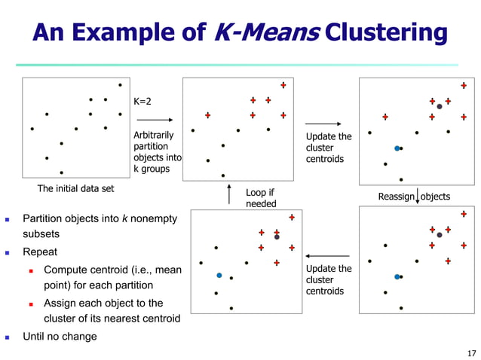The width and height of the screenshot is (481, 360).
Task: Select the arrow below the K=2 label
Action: coord(155,119)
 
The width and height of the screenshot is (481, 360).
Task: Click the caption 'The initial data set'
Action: coord(77,188)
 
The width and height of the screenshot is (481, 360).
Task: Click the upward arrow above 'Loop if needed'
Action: coord(229,195)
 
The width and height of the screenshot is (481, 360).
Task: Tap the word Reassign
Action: coord(397,197)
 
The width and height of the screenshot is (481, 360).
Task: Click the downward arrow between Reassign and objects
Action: coord(417,197)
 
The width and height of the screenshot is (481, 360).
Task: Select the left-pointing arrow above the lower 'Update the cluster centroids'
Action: coord(328,256)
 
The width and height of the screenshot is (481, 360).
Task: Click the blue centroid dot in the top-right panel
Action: coord(397,148)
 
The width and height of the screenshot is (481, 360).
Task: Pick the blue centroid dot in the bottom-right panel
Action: coord(397,277)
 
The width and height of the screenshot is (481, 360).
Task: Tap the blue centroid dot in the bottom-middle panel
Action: coord(219,276)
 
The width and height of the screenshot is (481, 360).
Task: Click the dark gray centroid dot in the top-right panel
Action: coord(440,107)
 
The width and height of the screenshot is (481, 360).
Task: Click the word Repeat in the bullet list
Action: coord(40,252)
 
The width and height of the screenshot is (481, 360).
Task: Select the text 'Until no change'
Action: coord(60,336)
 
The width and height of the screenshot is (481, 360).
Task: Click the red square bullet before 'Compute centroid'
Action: coord(32,270)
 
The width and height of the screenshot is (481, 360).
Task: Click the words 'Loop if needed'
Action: coord(261,198)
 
